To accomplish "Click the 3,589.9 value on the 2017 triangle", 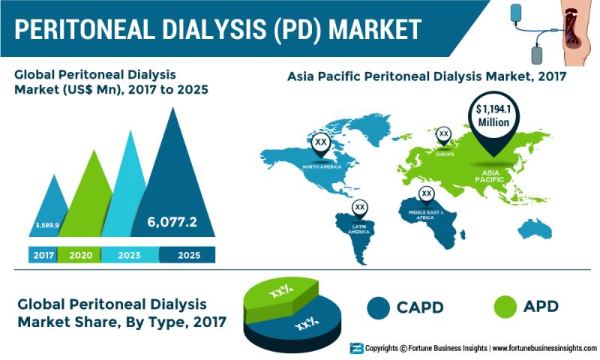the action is tap(47, 225).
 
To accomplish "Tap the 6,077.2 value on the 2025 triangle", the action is tap(172, 222).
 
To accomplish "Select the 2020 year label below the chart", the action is tap(81, 255).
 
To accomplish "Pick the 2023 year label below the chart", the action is tap(129, 255).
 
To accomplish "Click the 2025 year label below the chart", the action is tap(189, 255).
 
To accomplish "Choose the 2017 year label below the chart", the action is tap(43, 255).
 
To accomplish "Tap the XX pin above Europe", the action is tap(443, 136).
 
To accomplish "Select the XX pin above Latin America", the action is tap(360, 209).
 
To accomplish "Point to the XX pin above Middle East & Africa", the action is tap(426, 195).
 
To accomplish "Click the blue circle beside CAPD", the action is tap(378, 307).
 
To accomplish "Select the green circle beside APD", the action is tap(505, 307).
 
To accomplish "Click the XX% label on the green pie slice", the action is tap(281, 292).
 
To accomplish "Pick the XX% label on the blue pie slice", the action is tap(307, 324).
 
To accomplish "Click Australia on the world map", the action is tap(535, 229).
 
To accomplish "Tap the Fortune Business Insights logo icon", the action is tap(356, 348).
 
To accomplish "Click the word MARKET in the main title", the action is tap(375, 29).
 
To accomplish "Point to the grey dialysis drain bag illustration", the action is tap(537, 55).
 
